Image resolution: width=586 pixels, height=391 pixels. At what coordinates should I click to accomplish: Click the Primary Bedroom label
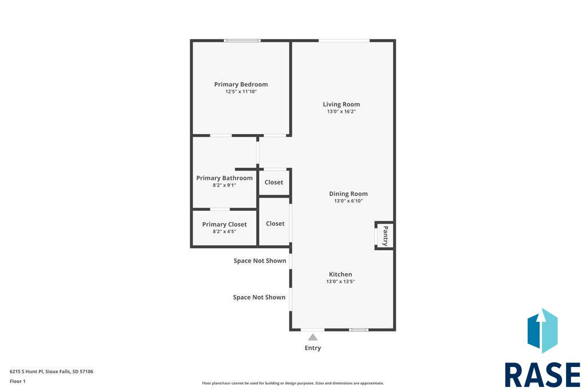pos(241,85)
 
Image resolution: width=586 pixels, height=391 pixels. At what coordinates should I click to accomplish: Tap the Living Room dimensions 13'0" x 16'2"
pos(341,112)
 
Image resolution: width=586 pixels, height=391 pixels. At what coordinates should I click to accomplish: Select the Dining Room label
pos(349,193)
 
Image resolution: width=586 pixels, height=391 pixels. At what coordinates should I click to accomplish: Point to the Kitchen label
pos(340,274)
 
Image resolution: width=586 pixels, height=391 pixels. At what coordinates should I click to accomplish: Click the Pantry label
pos(385,236)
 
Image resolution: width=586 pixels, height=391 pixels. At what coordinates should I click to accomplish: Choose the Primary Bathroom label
pos(224,178)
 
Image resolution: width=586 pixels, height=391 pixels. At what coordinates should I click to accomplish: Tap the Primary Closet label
pos(224,224)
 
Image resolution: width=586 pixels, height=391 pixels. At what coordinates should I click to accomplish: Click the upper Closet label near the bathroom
pos(274,183)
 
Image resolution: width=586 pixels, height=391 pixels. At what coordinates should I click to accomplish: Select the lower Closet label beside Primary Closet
pos(275,223)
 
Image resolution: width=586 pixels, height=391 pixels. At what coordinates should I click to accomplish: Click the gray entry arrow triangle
pos(313,338)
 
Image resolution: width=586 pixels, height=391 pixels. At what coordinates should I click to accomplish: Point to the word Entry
pos(313,348)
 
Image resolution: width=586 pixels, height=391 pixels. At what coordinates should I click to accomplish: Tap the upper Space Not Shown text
pos(260,261)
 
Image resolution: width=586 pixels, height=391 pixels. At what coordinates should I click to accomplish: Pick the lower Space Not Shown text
pos(259,297)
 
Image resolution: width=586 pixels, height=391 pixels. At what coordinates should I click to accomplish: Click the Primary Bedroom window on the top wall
pos(242,41)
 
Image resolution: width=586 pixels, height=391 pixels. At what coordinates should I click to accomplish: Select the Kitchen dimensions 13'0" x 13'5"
pos(340,282)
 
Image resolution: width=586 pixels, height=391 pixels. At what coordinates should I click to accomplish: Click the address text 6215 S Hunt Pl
pos(26,372)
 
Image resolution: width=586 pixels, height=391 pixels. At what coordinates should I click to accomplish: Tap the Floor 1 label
pos(18,381)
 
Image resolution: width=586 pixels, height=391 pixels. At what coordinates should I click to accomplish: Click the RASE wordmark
pos(543,374)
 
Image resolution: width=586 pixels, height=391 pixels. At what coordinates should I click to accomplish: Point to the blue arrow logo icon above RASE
pos(543,331)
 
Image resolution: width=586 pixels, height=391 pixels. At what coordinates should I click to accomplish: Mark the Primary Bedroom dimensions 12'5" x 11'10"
pos(241,92)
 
